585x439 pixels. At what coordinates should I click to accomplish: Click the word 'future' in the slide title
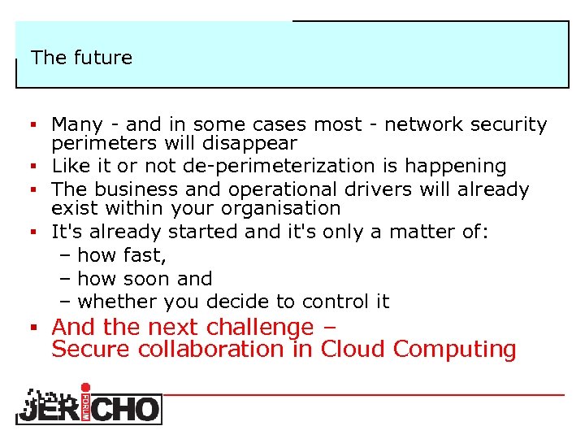102,58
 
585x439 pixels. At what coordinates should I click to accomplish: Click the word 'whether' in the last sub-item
118,302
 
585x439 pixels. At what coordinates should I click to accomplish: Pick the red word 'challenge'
259,328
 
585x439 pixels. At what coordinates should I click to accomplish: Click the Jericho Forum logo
89,404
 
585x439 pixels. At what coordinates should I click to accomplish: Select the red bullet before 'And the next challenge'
35,328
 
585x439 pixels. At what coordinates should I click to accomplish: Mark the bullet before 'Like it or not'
35,167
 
